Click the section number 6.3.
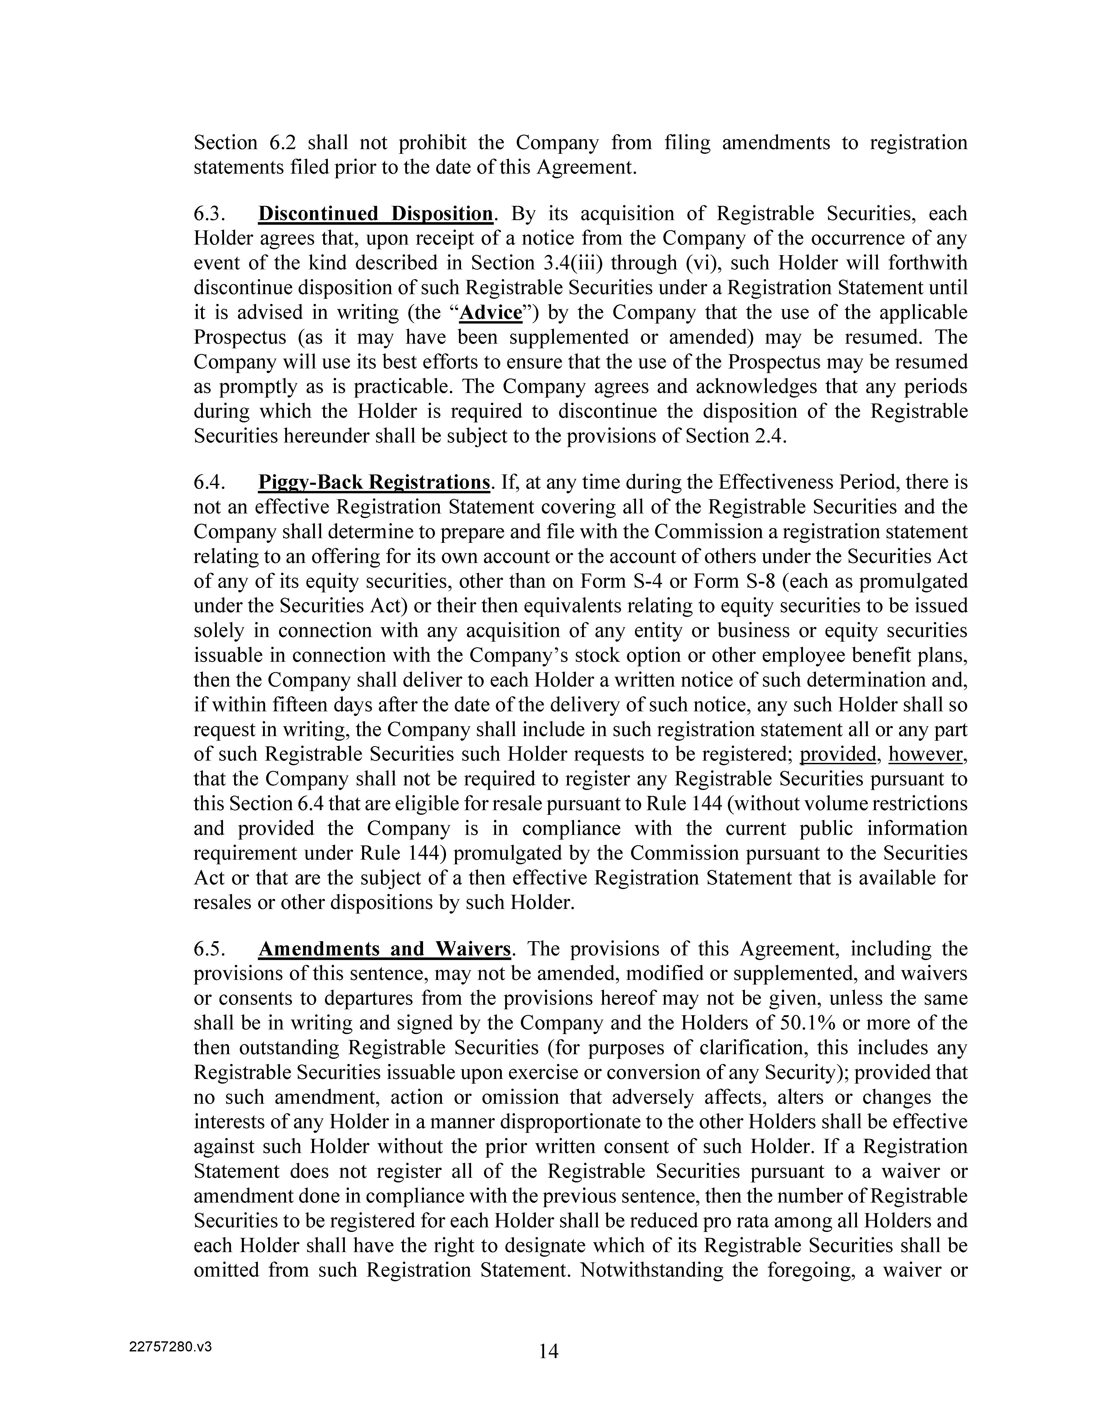coord(210,214)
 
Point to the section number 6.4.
coord(210,483)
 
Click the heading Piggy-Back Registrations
coord(374,483)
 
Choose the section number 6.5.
coord(210,949)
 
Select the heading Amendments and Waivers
coord(385,949)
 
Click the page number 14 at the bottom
coord(548,1351)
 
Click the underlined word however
coord(927,754)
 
